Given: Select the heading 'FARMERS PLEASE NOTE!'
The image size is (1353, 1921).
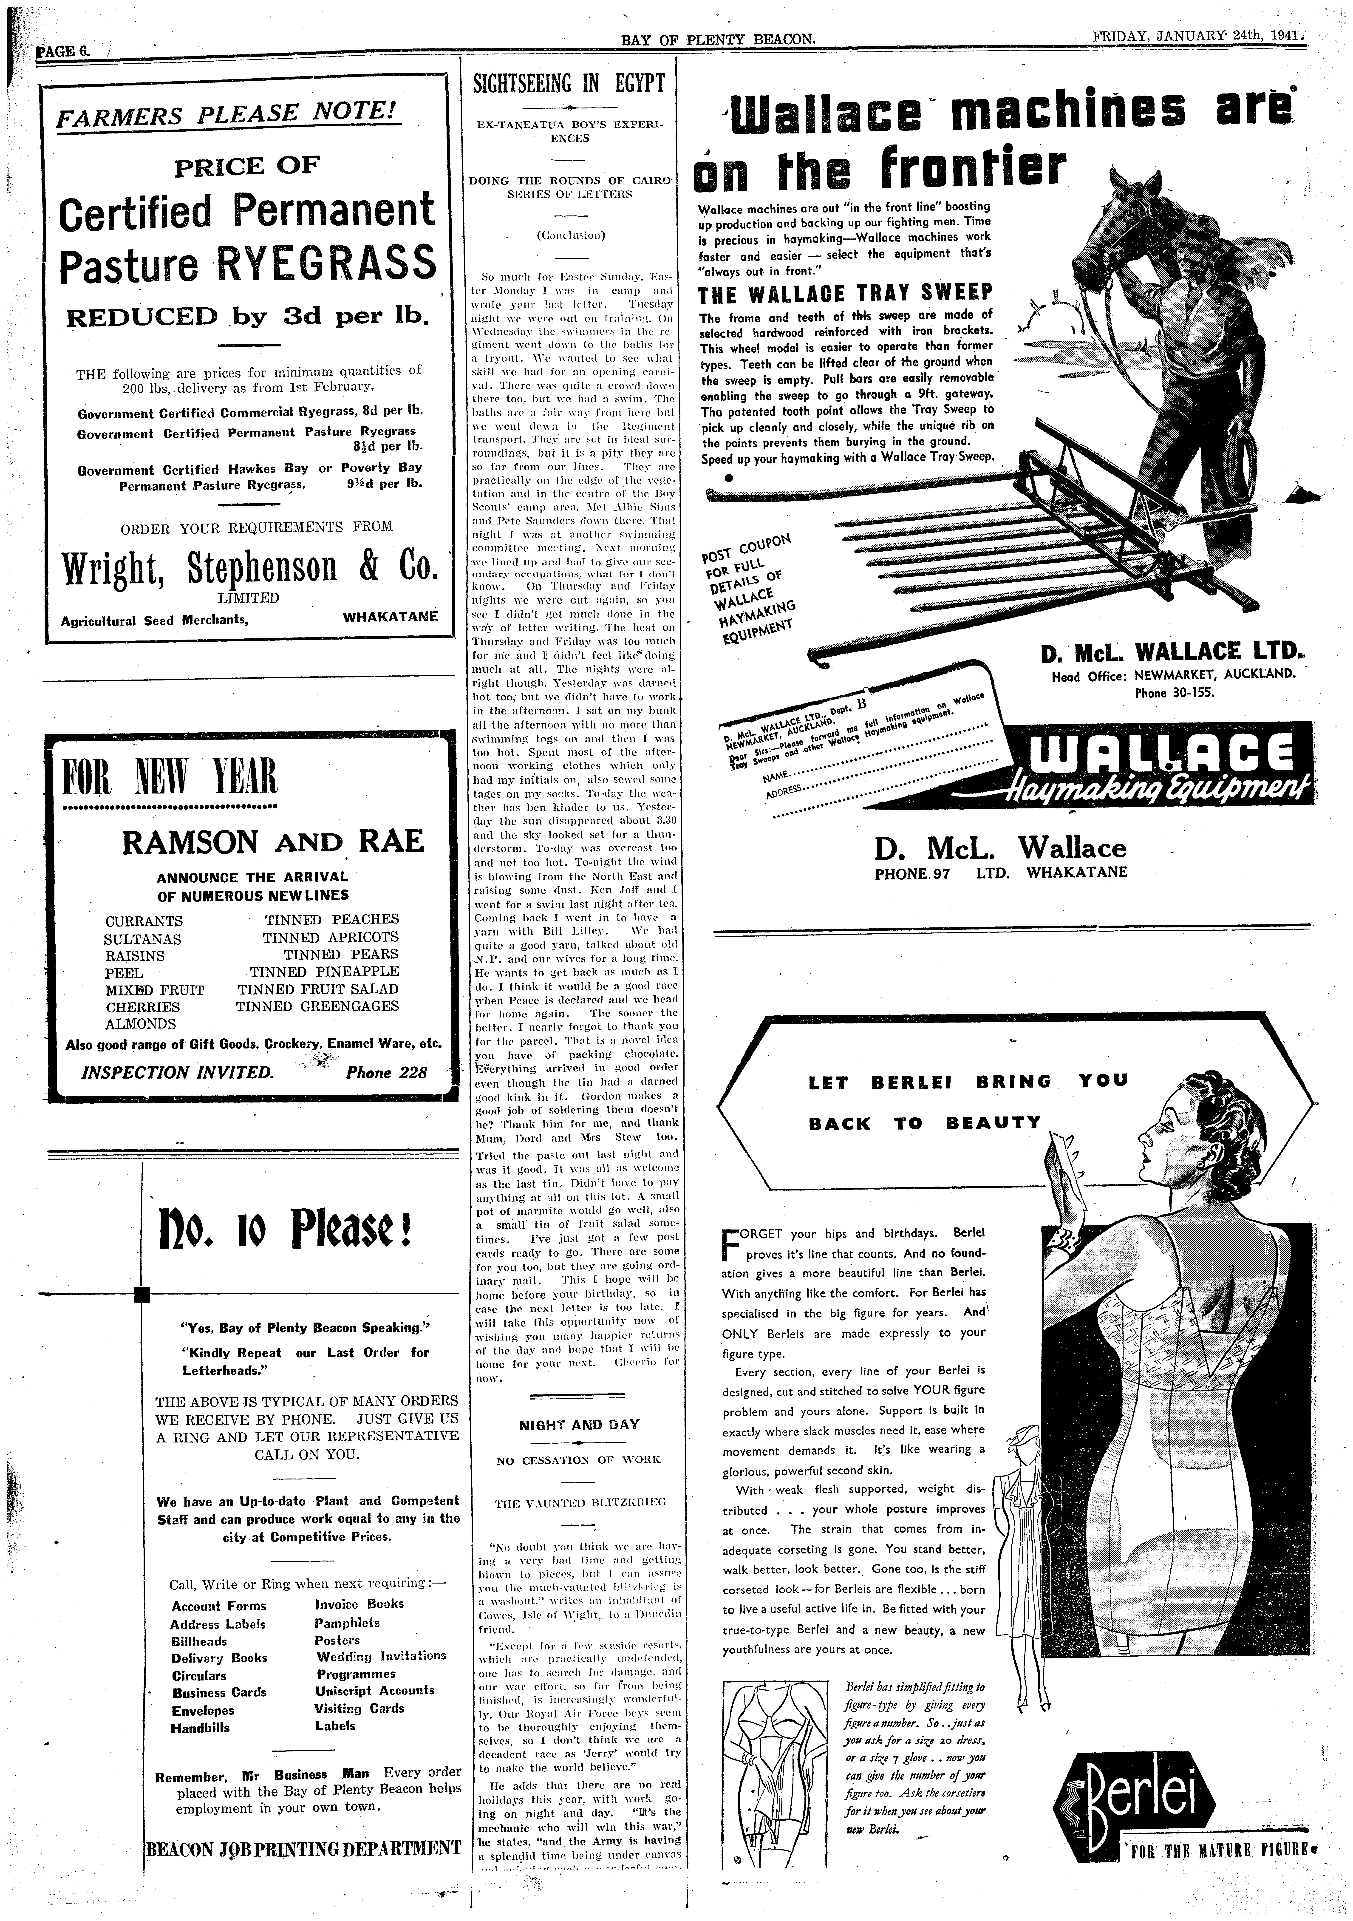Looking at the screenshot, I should tap(226, 114).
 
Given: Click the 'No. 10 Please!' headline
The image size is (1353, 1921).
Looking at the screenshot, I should tap(284, 1227).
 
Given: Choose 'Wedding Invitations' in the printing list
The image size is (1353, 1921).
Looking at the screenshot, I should tap(381, 1655).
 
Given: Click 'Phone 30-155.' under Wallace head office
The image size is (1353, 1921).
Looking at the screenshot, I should tap(1173, 692).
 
